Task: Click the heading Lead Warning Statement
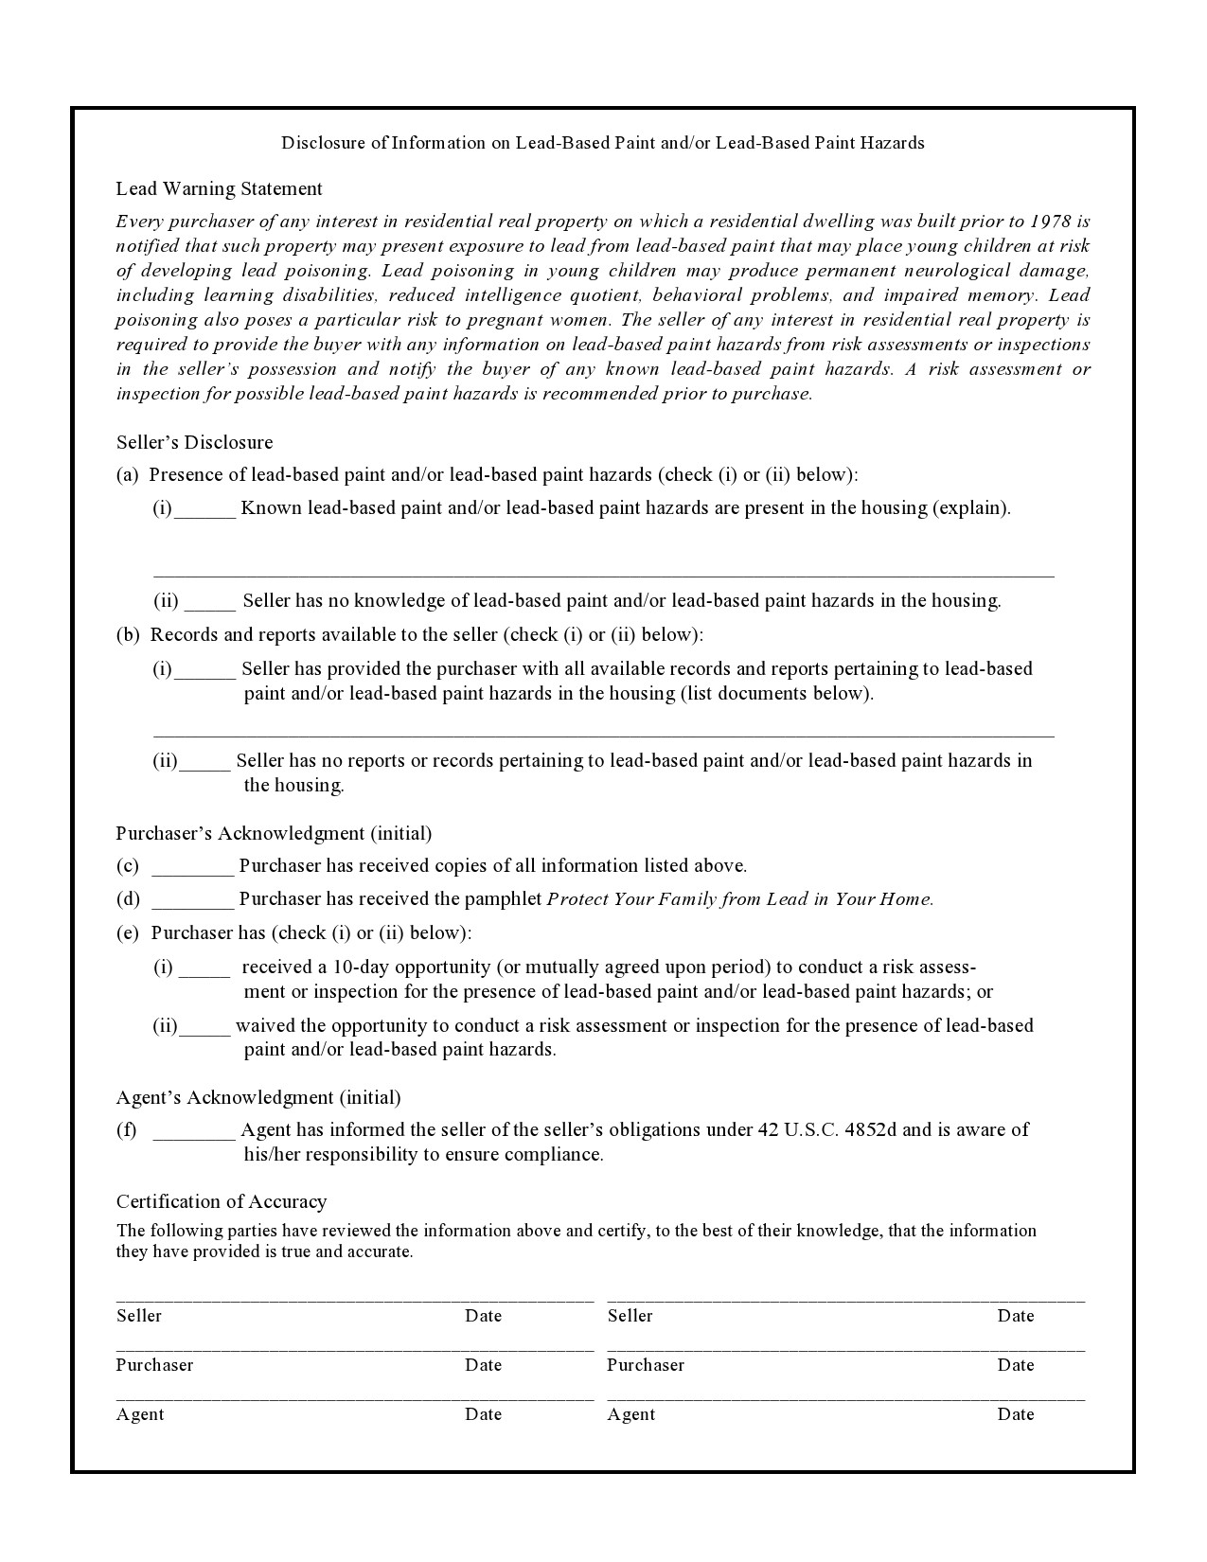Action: point(219,188)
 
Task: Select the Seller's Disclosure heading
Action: point(194,442)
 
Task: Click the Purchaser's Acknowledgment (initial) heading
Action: point(274,833)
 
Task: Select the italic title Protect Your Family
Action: point(740,899)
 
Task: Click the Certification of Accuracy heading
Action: point(222,1201)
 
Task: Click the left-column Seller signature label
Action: point(139,1316)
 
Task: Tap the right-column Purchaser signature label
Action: point(645,1365)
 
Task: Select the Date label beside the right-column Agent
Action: point(1015,1414)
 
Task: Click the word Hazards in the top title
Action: point(891,143)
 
